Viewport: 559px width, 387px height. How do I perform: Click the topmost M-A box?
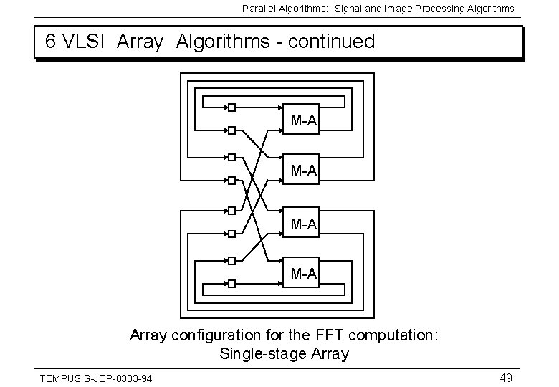pos(303,120)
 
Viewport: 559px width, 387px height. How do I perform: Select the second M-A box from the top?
pos(303,171)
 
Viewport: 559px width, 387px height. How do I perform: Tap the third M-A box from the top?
pos(303,224)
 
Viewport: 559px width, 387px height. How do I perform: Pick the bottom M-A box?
pos(303,273)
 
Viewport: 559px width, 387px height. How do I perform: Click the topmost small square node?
pos(231,107)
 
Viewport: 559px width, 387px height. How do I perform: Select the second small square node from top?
pos(231,130)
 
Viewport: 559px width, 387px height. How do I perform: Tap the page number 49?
pos(505,378)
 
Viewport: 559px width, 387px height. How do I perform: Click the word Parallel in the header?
pos(258,9)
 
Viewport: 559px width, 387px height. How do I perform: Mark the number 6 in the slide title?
pos(50,42)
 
